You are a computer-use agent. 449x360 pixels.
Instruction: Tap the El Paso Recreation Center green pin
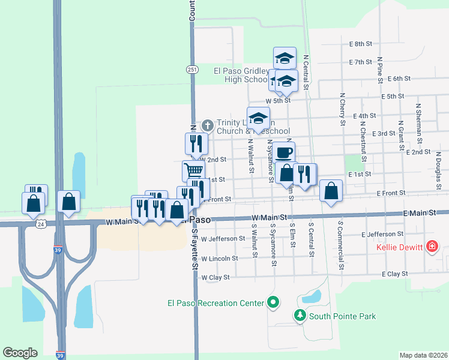pyautogui.click(x=274, y=303)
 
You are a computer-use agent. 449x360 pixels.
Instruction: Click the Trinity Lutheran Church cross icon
pyautogui.click(x=208, y=125)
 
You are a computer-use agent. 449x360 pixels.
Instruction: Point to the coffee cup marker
pyautogui.click(x=285, y=152)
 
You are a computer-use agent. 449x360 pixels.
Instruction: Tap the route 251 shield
pyautogui.click(x=191, y=70)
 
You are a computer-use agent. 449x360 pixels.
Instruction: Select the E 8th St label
pyautogui.click(x=361, y=44)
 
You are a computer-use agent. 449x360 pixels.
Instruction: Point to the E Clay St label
pyautogui.click(x=394, y=274)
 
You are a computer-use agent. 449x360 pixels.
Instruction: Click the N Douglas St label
pyautogui.click(x=439, y=164)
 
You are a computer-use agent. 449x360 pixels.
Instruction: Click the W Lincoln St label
pyautogui.click(x=220, y=259)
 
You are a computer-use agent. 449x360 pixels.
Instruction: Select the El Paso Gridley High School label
pyautogui.click(x=241, y=75)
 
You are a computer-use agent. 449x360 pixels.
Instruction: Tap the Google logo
pyautogui.click(x=20, y=353)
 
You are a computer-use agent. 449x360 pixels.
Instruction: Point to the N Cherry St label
pyautogui.click(x=343, y=109)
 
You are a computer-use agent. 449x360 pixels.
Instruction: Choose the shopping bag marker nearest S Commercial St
pyautogui.click(x=331, y=191)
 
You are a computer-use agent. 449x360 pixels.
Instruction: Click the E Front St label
pyautogui.click(x=391, y=193)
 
